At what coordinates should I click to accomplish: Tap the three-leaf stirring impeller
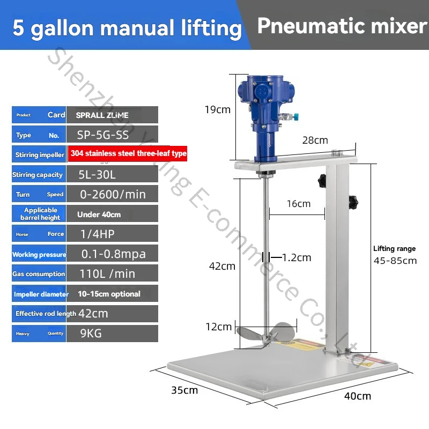264,336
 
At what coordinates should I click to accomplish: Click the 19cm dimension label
218,109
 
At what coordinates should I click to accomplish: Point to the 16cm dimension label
298,204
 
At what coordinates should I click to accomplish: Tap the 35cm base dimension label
184,390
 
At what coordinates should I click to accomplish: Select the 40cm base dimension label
357,396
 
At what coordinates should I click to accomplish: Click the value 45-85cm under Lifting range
395,261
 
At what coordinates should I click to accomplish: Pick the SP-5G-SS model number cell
102,135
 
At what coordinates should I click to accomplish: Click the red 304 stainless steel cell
128,154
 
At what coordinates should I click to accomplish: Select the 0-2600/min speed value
113,194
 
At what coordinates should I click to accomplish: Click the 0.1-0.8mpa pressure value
113,254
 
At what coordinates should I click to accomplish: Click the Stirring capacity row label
38,175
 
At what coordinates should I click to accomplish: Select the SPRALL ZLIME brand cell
102,115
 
